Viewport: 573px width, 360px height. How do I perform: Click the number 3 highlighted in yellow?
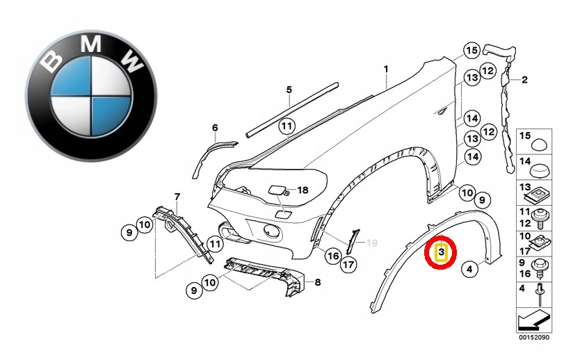click(x=441, y=252)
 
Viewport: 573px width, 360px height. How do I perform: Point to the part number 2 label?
click(x=525, y=79)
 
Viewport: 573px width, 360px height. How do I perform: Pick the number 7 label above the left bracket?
click(x=318, y=282)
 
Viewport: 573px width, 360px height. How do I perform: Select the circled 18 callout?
click(x=302, y=190)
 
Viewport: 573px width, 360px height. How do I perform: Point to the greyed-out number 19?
click(x=371, y=243)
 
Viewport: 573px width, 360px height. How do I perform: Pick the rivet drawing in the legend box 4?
click(x=540, y=295)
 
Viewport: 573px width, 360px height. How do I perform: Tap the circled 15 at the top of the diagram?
click(x=472, y=51)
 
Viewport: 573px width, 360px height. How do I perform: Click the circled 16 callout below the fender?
click(x=333, y=256)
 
